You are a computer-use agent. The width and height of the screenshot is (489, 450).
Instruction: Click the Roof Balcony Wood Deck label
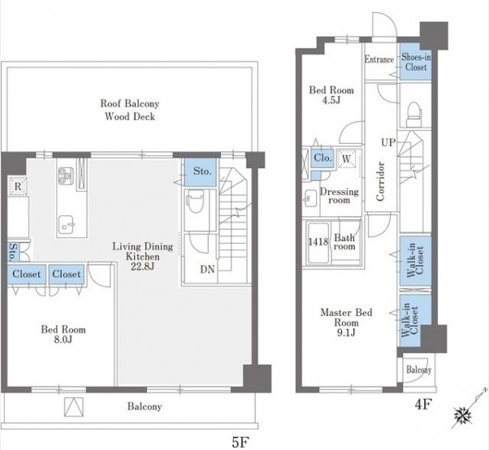coord(130,110)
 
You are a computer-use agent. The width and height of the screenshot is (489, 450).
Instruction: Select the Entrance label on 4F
coord(379,59)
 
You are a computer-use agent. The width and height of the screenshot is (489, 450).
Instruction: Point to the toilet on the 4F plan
coord(414,115)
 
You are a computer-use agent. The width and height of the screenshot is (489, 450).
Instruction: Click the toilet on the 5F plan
coord(196,201)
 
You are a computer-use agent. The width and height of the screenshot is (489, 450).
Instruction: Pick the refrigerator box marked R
coord(18,186)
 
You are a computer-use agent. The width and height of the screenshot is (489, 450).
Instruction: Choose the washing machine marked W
coord(346,159)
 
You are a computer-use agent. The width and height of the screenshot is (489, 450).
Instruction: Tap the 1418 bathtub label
coord(318,242)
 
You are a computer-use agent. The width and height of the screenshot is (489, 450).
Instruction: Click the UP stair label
coord(388,142)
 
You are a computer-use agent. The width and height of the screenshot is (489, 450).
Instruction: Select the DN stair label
coord(207,269)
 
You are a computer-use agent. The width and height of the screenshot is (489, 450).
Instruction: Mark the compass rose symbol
coord(463,415)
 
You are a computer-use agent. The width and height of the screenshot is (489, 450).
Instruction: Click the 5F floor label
coord(240,442)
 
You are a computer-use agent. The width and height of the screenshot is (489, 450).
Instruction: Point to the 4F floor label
coord(423,405)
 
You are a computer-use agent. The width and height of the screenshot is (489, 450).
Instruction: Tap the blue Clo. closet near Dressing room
coord(322,158)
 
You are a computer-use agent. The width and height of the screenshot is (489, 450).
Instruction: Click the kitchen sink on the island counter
coord(66,224)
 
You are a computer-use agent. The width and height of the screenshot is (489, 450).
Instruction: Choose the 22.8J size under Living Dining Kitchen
coord(142,267)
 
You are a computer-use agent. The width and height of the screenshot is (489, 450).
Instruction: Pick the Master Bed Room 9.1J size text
coord(346,333)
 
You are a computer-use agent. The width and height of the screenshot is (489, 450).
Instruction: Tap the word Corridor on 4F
coord(380,181)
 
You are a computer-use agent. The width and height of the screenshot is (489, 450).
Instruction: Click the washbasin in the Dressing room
coord(309,198)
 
